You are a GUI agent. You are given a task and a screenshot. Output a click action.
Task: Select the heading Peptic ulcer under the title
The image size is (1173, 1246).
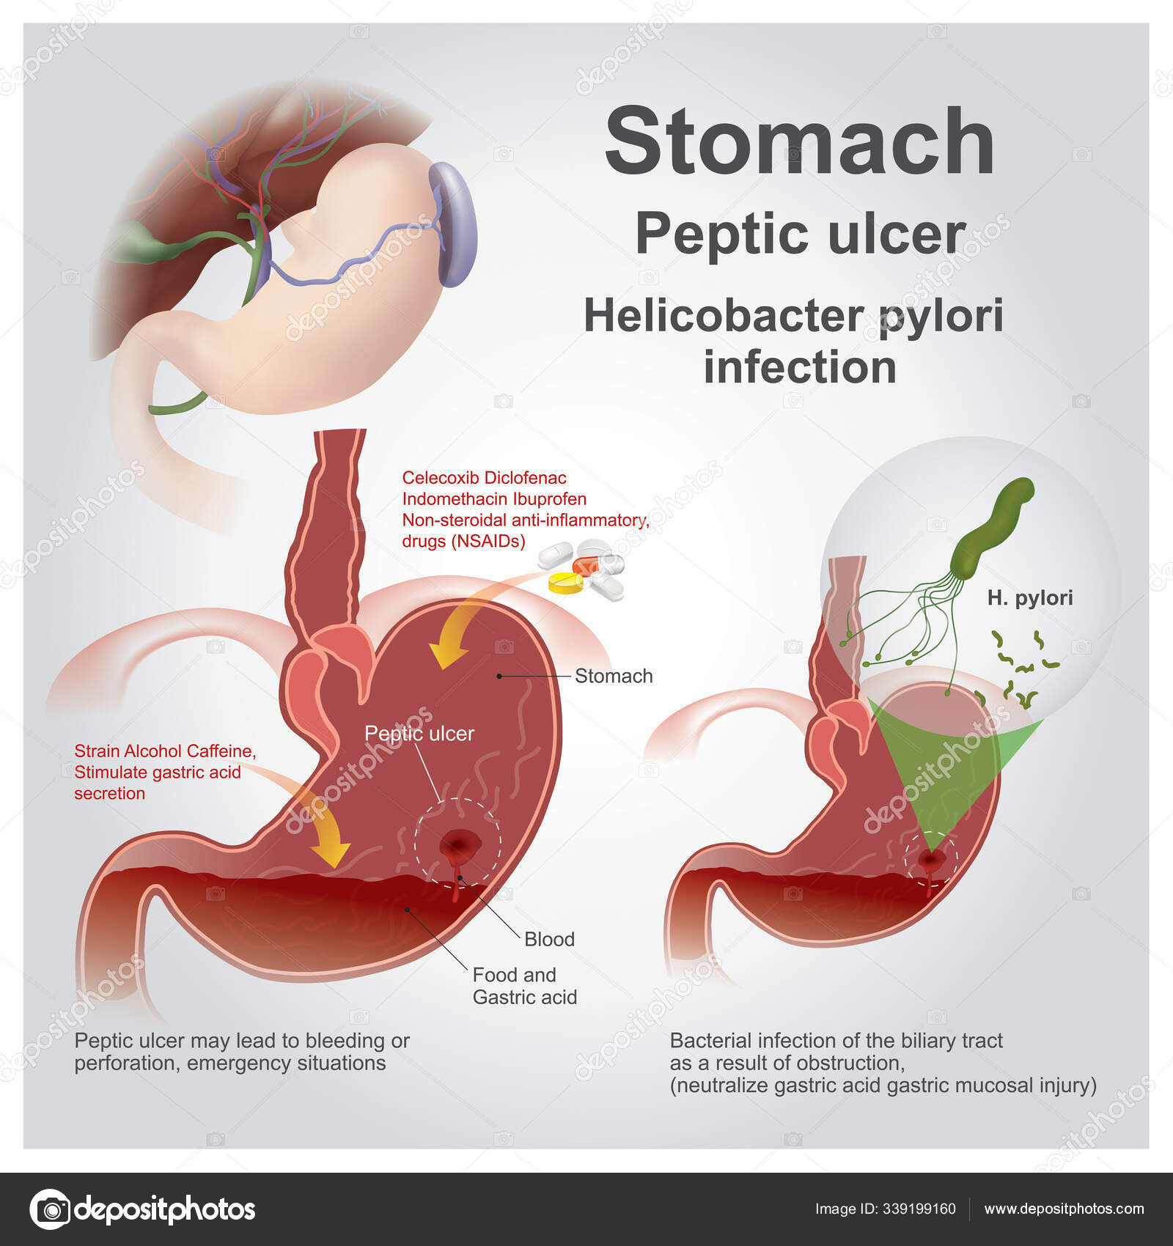coord(800,235)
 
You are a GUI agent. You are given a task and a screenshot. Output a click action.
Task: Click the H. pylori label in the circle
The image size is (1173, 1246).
coord(1029,598)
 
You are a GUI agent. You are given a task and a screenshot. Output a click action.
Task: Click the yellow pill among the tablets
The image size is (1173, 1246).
coord(566,583)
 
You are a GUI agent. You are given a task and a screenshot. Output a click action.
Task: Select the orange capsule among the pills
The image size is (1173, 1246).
coord(586,565)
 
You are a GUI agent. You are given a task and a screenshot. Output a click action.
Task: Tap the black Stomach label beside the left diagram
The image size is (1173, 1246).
coord(614,676)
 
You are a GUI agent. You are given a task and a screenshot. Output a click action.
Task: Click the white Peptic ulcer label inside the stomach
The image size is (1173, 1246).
coord(419,734)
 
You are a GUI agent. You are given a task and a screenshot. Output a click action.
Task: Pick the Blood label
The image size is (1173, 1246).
coord(549,939)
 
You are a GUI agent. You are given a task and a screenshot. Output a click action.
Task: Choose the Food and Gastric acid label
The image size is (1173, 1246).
coord(525,986)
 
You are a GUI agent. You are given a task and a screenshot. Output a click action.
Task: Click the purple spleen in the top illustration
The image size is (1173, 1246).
coord(453,224)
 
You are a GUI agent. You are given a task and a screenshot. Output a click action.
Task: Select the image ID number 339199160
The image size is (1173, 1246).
coord(920,1209)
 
